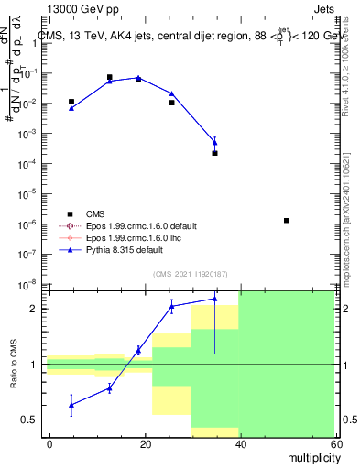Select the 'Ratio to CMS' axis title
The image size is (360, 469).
pos(13,364)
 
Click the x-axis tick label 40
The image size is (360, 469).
pos(241,442)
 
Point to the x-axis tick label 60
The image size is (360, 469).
pos(335,442)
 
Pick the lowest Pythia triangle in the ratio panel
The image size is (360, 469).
pos(71,404)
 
